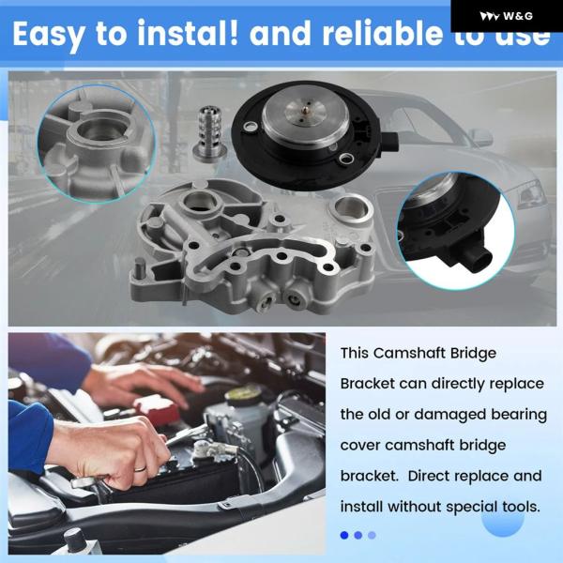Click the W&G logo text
(x=518, y=16)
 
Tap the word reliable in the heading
(x=383, y=34)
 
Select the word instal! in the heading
(x=188, y=33)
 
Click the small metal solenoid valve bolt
(x=209, y=132)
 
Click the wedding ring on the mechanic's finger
(x=140, y=468)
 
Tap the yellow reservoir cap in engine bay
(x=243, y=395)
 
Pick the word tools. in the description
(x=522, y=507)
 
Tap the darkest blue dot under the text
(x=344, y=536)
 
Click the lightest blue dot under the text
(x=372, y=536)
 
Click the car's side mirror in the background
(x=482, y=138)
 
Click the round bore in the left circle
(x=97, y=130)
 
